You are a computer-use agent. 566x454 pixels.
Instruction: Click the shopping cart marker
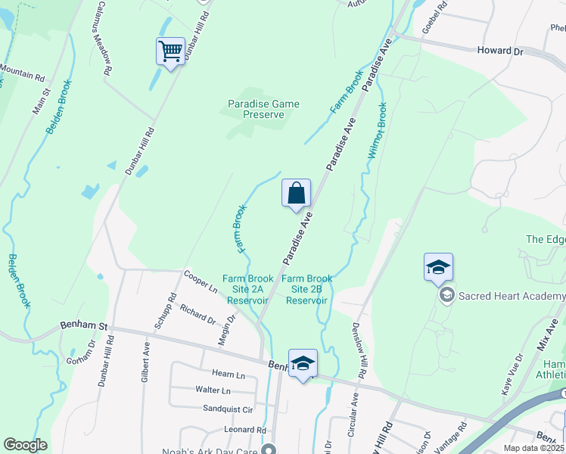[170, 52]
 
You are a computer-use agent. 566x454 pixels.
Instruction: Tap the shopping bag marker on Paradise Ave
[297, 193]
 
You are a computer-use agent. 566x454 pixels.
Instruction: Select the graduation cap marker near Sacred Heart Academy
[438, 267]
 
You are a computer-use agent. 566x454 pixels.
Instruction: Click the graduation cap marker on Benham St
[303, 363]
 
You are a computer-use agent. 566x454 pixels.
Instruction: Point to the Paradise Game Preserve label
[264, 110]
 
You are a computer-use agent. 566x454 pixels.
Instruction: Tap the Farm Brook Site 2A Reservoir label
[247, 289]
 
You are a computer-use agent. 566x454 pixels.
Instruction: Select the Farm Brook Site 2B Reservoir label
[307, 289]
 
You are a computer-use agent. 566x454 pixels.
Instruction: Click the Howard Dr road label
[500, 51]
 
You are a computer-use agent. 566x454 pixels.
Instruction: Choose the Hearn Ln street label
[229, 375]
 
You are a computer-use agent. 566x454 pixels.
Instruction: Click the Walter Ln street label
[213, 390]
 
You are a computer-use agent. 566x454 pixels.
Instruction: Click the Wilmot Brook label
[378, 130]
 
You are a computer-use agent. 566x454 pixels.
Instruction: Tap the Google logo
[25, 444]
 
